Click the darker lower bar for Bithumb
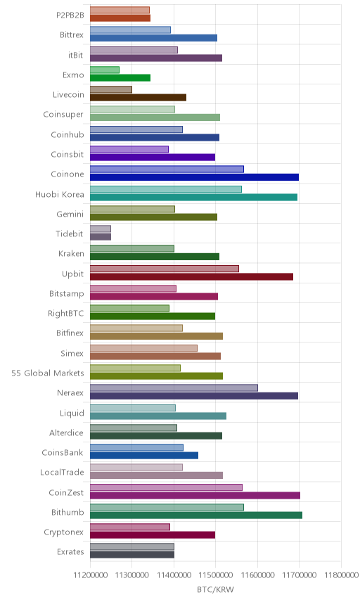[x=196, y=515]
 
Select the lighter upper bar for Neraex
[x=174, y=388]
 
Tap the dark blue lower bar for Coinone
[x=195, y=177]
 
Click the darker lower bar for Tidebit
[x=101, y=236]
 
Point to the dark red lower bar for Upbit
[x=191, y=276]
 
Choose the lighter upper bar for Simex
[x=144, y=348]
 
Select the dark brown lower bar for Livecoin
[x=139, y=98]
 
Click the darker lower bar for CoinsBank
[x=144, y=455]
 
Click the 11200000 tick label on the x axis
[x=91, y=575]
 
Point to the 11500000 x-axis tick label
[x=216, y=575]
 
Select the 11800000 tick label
[x=341, y=575]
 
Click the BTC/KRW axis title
[x=215, y=590]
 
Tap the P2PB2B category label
[x=70, y=15]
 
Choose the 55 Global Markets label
[x=48, y=373]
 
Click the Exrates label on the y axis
[x=70, y=551]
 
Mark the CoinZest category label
[x=66, y=492]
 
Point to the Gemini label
[x=70, y=214]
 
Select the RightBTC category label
[x=65, y=313]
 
